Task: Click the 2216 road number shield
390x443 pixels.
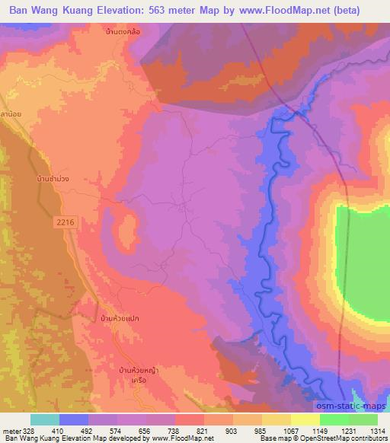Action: [66, 221]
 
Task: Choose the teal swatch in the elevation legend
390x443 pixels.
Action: [45, 419]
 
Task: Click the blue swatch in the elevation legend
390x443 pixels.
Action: [74, 419]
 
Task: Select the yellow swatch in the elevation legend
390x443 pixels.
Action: [305, 419]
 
